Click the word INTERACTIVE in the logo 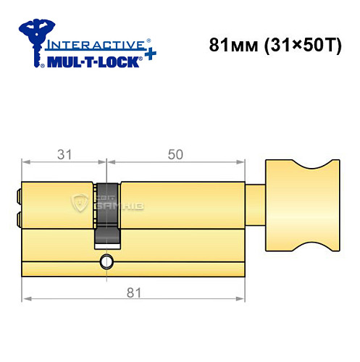point(90,43)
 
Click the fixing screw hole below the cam point(107,260)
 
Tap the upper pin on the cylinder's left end point(20,194)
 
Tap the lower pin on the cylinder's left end point(20,216)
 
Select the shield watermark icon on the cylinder point(81,203)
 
